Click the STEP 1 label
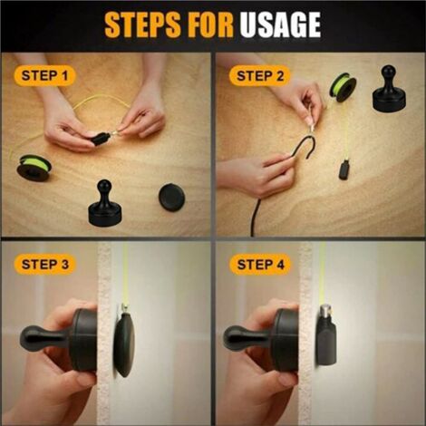(x=44, y=76)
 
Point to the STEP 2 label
(x=260, y=75)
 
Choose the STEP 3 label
(x=44, y=265)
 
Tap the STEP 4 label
(x=260, y=265)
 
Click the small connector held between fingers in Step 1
(x=102, y=139)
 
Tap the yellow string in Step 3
(x=122, y=272)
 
